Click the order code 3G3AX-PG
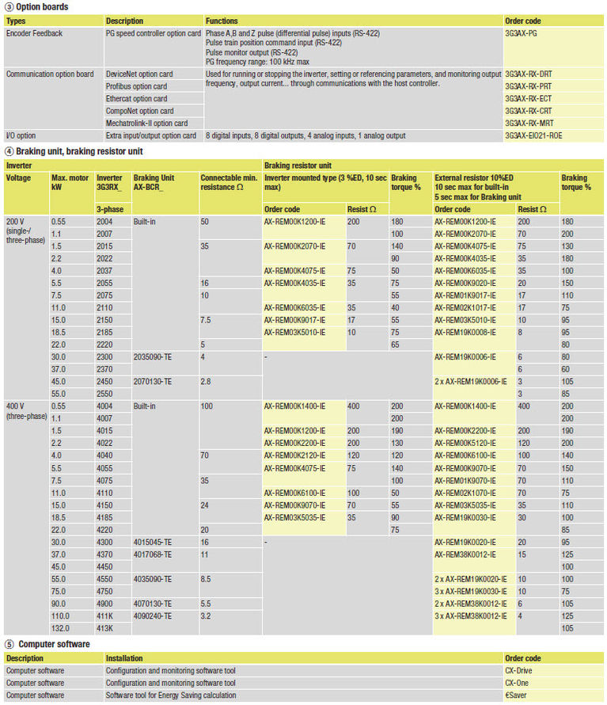point(522,34)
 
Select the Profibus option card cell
point(136,86)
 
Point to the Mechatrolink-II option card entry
point(146,124)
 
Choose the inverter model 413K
point(104,627)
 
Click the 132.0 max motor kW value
point(61,627)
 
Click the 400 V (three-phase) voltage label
point(26,410)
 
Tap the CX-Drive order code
point(520,671)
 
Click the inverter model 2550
point(104,394)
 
